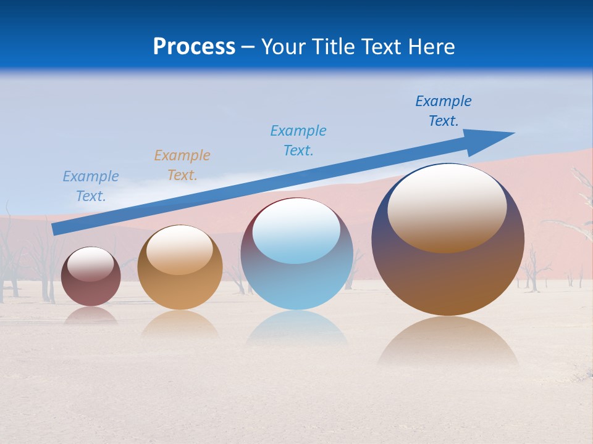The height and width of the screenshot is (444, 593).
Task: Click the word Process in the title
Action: click(x=194, y=47)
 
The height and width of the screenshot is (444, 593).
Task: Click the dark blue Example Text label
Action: click(x=444, y=111)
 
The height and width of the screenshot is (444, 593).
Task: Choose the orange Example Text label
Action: click(x=182, y=165)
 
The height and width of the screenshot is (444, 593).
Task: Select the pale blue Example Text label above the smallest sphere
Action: click(x=91, y=186)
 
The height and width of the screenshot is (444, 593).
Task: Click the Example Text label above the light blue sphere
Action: click(x=298, y=141)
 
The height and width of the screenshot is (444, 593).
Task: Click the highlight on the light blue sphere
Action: click(x=296, y=231)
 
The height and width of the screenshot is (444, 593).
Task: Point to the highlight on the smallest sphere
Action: click(x=90, y=264)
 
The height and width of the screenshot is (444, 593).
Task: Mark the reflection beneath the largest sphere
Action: click(x=448, y=342)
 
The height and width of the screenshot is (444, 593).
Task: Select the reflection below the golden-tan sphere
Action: click(x=180, y=324)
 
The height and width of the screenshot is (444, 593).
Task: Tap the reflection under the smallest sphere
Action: click(x=91, y=316)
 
